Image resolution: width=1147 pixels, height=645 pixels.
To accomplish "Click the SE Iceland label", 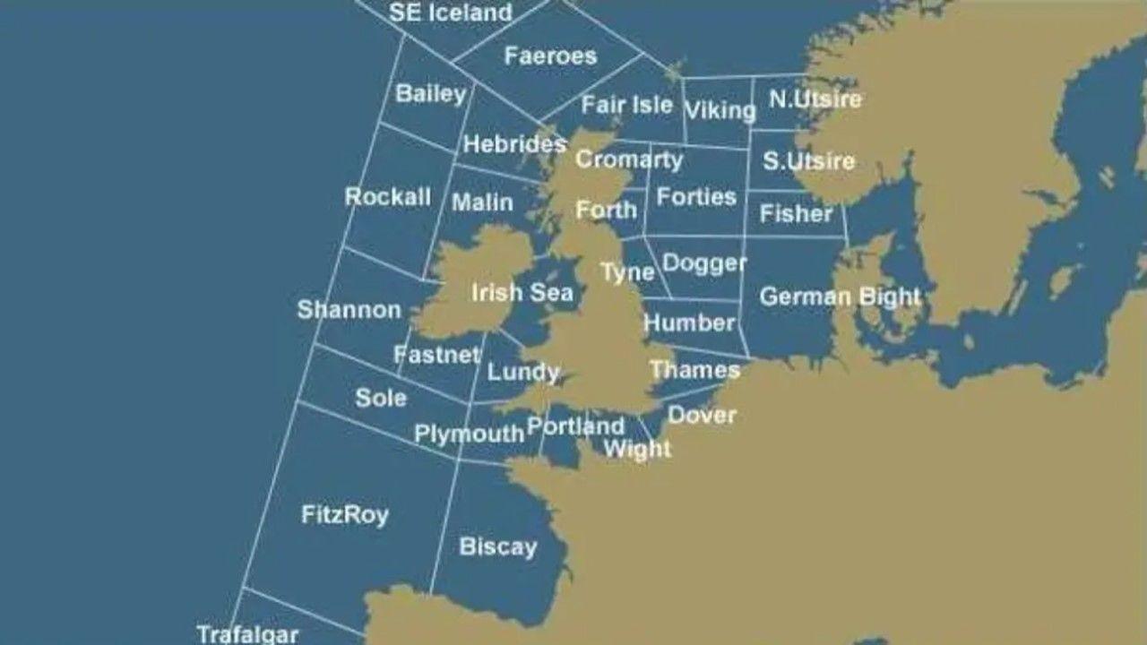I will pos(451,13).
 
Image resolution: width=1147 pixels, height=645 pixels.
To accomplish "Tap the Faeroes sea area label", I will pos(550,56).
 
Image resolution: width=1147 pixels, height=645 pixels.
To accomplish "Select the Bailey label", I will pos(431,93).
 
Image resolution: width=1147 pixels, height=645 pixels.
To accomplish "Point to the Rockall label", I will pos(388,197).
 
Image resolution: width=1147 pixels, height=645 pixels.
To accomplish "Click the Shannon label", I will pos(349,310).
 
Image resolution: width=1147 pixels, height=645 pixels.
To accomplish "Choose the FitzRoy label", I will pos(345,515).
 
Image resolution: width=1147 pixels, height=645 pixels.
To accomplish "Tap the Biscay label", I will pos(498,546).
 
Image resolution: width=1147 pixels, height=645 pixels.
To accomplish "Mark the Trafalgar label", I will pos(247,634).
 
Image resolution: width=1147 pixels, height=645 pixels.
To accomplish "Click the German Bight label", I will pos(840,297).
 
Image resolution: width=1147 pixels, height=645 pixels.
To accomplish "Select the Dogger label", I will pos(704,263).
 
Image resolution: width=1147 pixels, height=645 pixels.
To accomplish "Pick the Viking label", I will pos(720,110).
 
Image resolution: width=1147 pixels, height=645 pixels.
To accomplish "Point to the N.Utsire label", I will pos(815,99).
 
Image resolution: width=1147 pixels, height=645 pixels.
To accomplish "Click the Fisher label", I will pos(796,213).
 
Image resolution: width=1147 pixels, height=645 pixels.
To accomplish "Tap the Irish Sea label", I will pos(522,292).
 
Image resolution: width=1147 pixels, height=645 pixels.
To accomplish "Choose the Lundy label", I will pos(523,372).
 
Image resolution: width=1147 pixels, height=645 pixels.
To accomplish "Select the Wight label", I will pos(637,448).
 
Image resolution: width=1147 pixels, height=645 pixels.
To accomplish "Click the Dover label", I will pos(703,415).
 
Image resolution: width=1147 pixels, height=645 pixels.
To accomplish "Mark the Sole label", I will pos(381,398).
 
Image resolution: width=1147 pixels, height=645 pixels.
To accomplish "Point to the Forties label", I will pos(696,197).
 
